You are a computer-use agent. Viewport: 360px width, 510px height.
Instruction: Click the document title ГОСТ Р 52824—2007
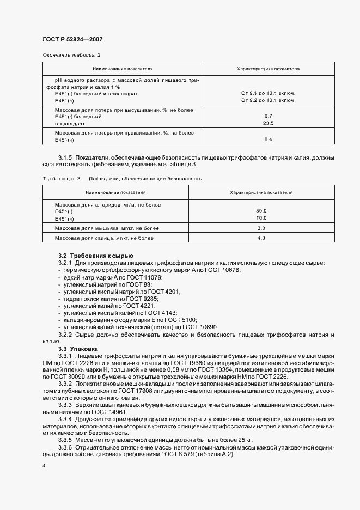click(72, 39)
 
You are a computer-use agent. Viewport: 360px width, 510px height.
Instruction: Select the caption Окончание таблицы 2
click(71, 55)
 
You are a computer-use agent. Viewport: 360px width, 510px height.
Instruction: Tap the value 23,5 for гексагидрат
click(268, 123)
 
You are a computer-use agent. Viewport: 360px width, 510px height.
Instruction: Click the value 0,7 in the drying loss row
click(268, 117)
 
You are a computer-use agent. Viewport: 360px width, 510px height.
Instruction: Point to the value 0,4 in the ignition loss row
click(268, 140)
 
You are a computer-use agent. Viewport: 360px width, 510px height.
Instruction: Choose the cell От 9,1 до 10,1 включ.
click(268, 94)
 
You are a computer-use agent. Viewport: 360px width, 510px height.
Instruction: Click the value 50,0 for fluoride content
click(261, 210)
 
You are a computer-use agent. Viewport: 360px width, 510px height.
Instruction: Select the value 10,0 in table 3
click(261, 217)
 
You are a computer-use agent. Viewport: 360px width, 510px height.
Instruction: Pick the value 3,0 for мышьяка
click(261, 228)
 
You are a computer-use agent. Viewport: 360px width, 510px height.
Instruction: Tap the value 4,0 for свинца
click(261, 238)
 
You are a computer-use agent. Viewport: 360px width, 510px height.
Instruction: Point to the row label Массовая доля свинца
click(101, 238)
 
